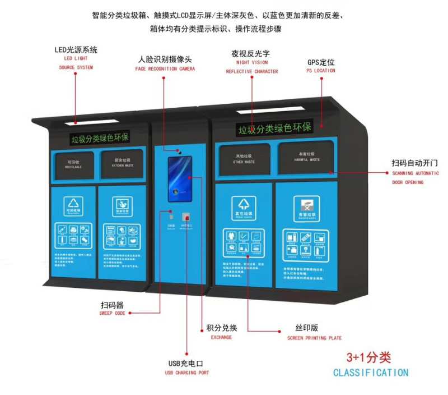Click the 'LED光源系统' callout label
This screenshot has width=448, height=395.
76,50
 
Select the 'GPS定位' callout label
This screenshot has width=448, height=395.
321,62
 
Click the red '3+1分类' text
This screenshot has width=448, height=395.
368,357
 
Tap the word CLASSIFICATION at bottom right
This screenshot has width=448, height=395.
371,373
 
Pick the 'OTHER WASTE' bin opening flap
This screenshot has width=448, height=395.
244,158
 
